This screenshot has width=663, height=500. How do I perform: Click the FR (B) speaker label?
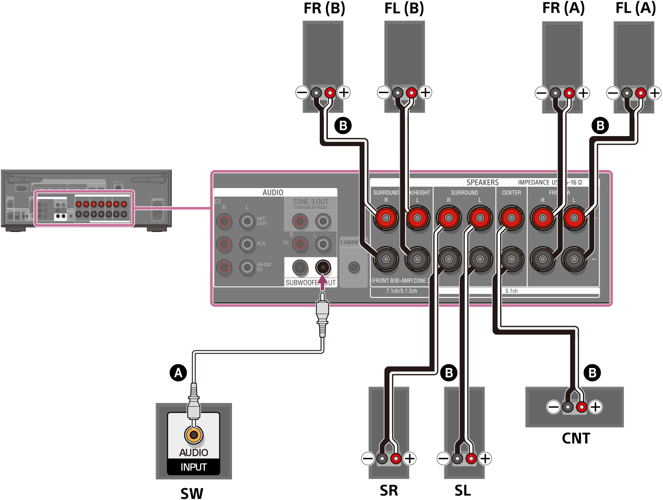324,9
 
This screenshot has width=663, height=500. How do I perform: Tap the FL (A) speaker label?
635,8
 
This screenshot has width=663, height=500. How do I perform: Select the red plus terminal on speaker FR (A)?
569,93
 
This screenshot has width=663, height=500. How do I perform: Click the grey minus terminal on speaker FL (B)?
398,93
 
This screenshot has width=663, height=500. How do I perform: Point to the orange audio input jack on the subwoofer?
194,435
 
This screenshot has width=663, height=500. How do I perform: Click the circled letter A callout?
178,373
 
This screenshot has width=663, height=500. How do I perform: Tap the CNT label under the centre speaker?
576,438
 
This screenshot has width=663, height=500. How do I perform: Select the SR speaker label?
389,490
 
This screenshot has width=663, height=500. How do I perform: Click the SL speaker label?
463,490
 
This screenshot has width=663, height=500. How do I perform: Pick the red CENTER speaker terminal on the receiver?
511,218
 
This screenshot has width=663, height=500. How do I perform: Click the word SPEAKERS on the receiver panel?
483,182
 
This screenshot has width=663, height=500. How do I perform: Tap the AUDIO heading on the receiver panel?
273,193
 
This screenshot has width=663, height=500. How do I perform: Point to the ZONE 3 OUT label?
310,202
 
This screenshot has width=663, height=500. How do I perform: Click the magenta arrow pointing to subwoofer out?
322,283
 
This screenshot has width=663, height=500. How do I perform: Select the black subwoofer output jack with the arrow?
323,267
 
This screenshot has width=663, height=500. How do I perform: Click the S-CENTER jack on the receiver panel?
354,267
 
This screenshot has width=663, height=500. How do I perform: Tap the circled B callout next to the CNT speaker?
592,373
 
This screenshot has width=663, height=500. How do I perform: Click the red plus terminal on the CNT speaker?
582,407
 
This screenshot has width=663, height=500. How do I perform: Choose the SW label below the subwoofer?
192,493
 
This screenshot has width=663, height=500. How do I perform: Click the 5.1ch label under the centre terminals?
511,291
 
